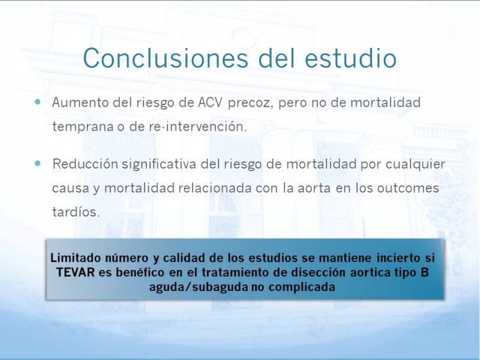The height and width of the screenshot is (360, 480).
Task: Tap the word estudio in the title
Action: [x=350, y=58]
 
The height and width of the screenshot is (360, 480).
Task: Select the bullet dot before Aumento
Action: [x=38, y=101]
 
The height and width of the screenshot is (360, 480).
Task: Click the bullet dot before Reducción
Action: [x=38, y=163]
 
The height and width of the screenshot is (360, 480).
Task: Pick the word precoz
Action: [x=251, y=103]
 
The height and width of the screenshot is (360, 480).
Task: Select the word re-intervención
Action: [x=198, y=126]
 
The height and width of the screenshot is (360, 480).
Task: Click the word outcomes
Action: [x=408, y=188]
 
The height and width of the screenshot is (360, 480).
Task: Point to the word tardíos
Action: [x=76, y=212]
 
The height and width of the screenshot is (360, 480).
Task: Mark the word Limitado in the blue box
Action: [x=76, y=258]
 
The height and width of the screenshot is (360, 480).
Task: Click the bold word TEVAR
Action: [x=76, y=272]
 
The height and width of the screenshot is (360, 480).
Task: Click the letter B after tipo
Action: [x=425, y=272]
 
